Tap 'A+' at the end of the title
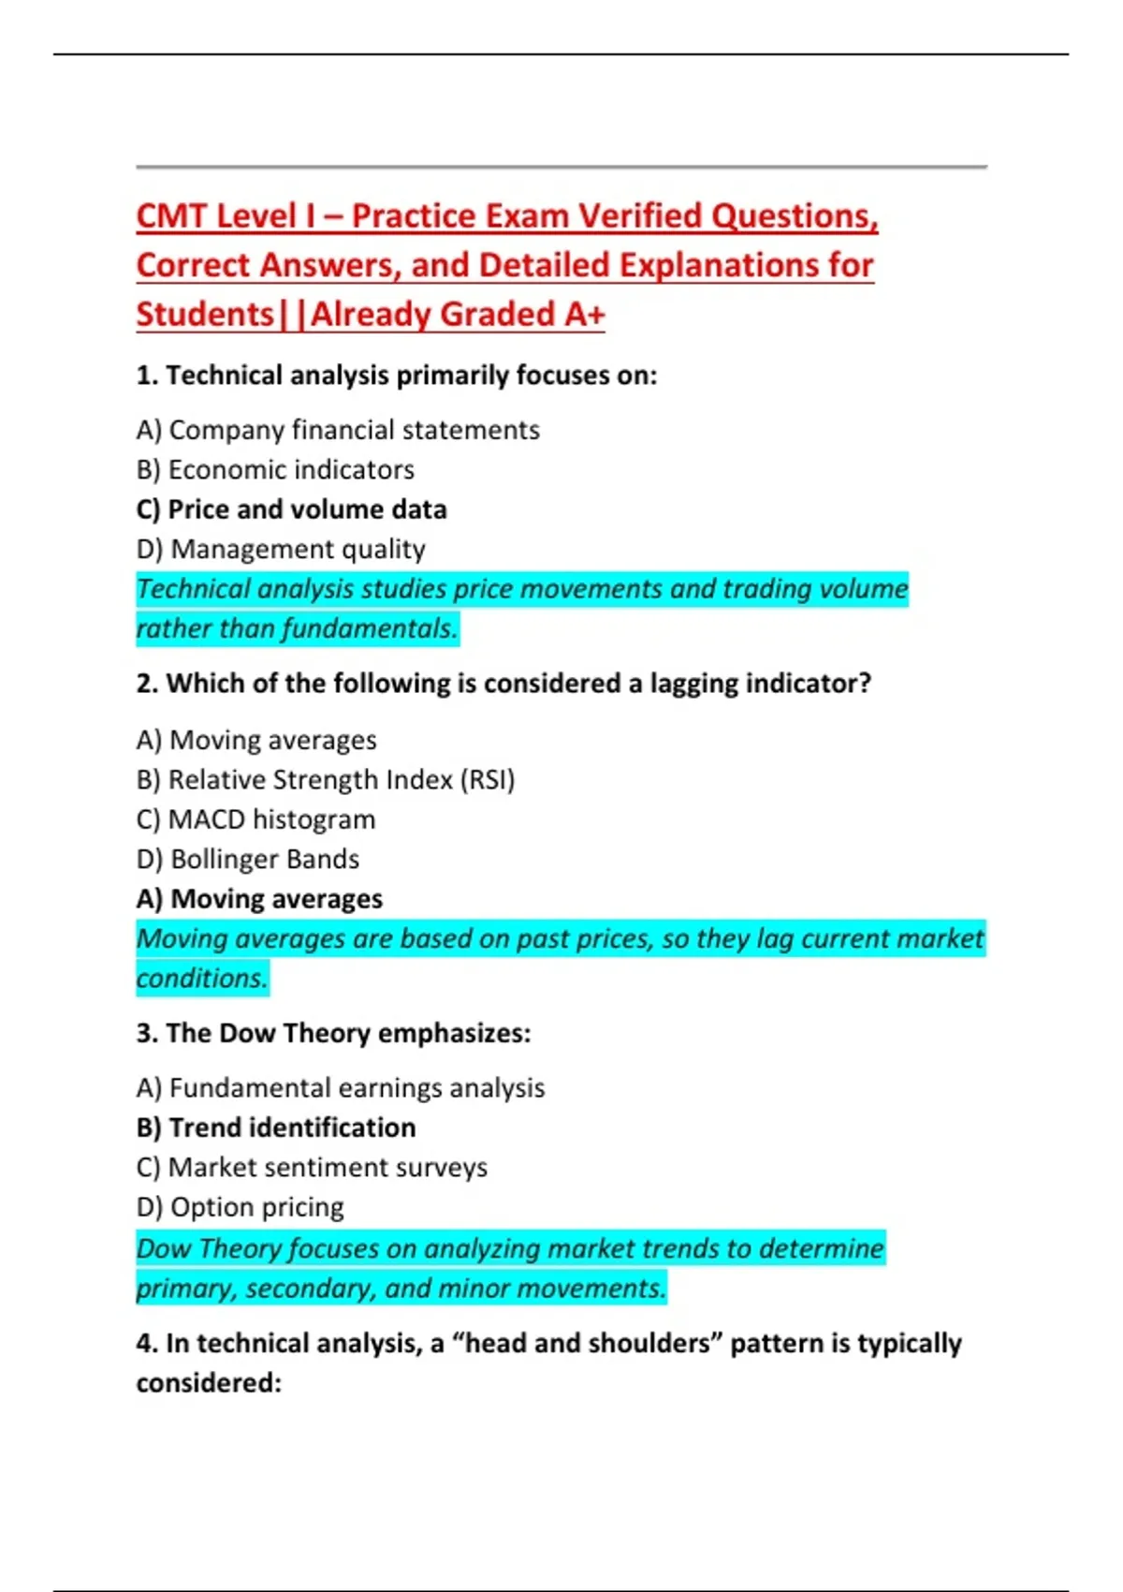[583, 315]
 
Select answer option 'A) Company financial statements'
[338, 430]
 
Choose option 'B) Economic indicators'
[275, 469]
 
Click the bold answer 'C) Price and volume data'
[291, 509]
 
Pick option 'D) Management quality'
[281, 549]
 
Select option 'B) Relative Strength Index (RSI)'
[326, 779]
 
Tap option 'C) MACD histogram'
[255, 819]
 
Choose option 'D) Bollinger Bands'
[248, 859]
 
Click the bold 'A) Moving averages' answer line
[259, 899]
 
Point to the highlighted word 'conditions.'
[202, 979]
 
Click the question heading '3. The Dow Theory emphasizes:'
[333, 1033]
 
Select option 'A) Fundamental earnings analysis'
[341, 1088]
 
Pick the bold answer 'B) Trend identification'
[276, 1128]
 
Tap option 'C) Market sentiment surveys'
[312, 1168]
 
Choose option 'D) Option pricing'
[241, 1207]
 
